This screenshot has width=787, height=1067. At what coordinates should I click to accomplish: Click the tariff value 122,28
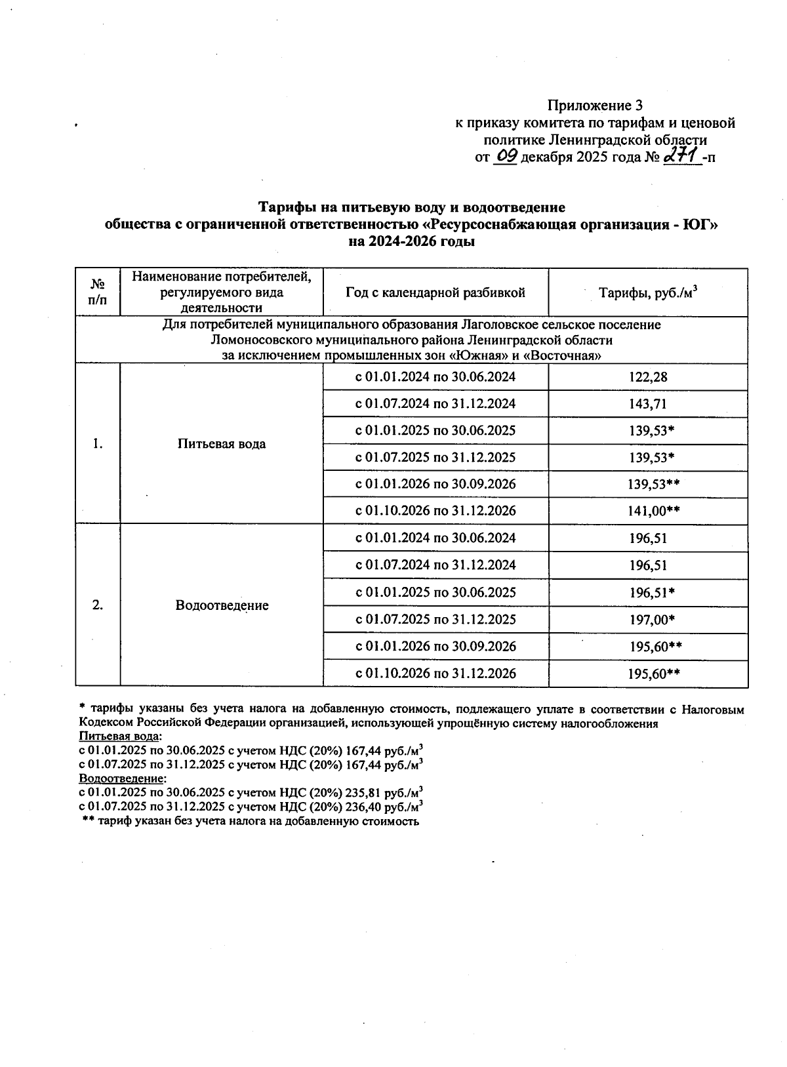(648, 377)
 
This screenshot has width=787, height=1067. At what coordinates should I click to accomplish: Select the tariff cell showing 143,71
(648, 404)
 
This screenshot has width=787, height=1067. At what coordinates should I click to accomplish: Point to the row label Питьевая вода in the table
(222, 444)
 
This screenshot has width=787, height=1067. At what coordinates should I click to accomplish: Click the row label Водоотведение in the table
(222, 605)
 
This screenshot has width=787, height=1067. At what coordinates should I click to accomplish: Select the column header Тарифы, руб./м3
(648, 292)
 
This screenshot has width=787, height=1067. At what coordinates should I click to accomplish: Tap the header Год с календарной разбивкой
(435, 292)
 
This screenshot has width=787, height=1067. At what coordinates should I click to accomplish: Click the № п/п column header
(98, 292)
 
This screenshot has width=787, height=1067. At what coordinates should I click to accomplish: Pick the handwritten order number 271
(679, 156)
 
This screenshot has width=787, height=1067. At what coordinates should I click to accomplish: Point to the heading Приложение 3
(595, 106)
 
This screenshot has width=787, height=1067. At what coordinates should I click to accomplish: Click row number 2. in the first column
(98, 605)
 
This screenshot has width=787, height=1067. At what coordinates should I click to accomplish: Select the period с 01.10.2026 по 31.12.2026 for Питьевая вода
(435, 511)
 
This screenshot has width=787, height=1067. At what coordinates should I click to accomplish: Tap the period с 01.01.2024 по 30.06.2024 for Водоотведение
(435, 538)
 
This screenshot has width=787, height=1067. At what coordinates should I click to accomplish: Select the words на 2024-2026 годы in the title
(411, 241)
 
